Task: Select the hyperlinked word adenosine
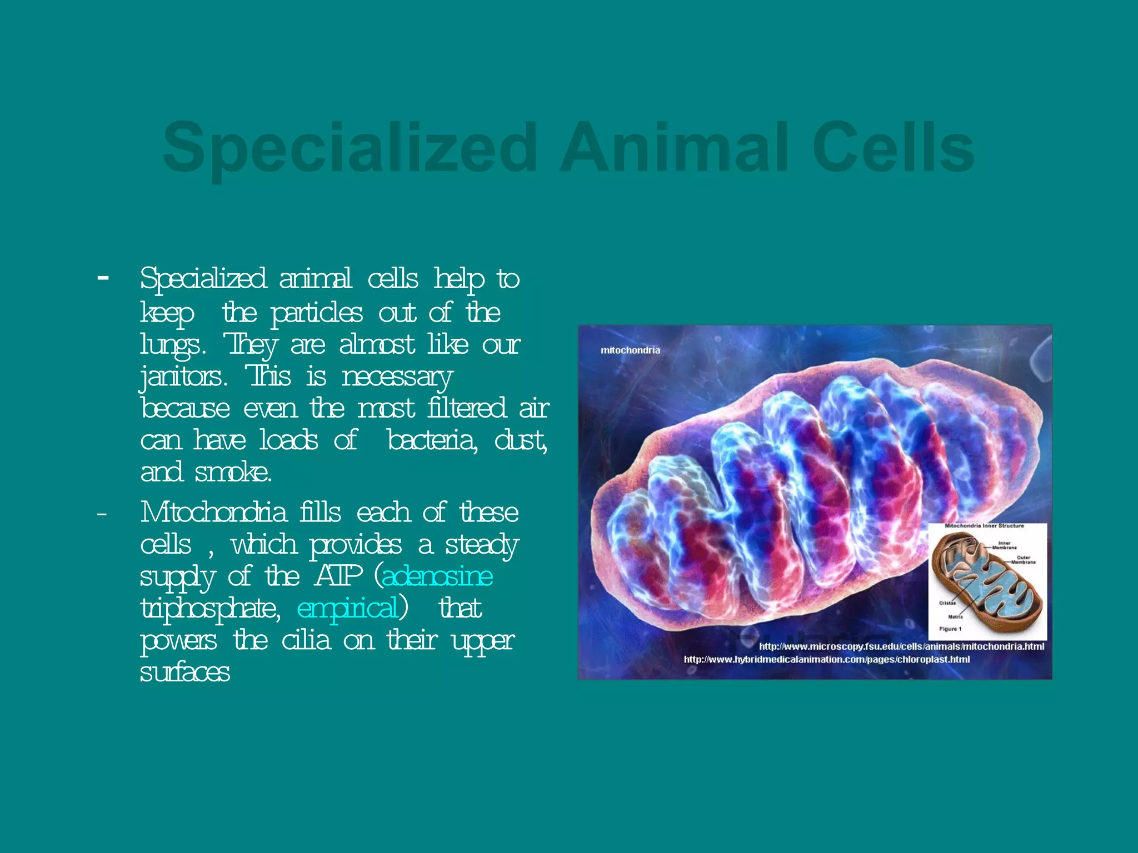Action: coord(437,576)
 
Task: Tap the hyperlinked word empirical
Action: coord(348,608)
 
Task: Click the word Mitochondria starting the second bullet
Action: coord(213,513)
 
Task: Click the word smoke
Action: coord(233,473)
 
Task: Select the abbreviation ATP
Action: coord(338,576)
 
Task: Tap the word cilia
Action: coord(306,641)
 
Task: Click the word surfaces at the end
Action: coord(185,673)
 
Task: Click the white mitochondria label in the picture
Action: coord(630,350)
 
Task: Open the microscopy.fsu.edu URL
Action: coord(901,646)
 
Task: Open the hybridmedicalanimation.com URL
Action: coord(826,660)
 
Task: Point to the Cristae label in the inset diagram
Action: coord(947,603)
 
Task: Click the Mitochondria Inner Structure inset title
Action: coord(984,525)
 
